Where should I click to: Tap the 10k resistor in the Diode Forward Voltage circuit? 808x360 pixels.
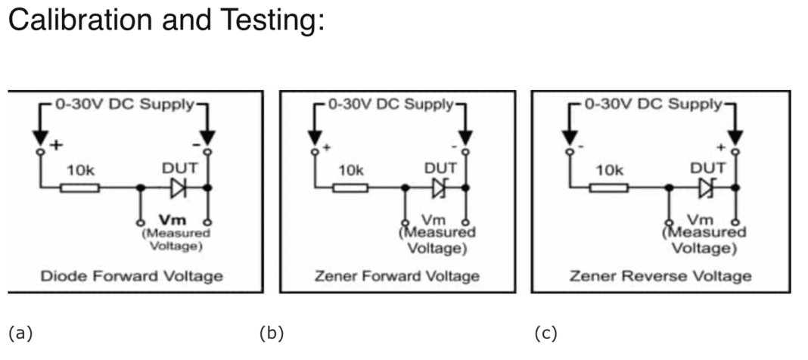(x=81, y=187)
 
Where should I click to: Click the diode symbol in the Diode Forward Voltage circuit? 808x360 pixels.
(x=179, y=187)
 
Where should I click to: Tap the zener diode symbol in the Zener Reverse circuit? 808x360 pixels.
(x=707, y=187)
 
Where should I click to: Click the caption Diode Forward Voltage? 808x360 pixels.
(x=132, y=275)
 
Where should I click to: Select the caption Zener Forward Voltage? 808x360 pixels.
(x=397, y=275)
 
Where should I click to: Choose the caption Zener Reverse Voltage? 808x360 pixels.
(x=660, y=275)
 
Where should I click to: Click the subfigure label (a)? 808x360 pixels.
(x=20, y=333)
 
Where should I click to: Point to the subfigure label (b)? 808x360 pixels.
(x=271, y=333)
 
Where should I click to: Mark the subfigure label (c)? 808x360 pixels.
(x=545, y=333)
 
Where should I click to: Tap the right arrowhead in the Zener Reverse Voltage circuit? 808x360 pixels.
(x=735, y=137)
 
